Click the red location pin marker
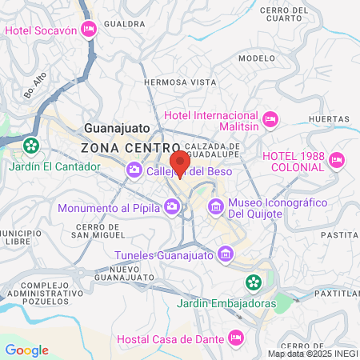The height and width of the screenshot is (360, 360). tap(180, 162)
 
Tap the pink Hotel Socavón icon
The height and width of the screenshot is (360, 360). tap(88, 30)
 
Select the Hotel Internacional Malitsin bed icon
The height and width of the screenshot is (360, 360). tap(270, 119)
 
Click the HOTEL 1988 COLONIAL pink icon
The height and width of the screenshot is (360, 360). tap(336, 161)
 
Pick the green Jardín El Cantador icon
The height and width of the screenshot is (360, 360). tap(31, 146)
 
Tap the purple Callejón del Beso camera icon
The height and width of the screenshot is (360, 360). tap(134, 170)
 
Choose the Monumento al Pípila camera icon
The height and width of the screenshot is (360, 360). tap(173, 208)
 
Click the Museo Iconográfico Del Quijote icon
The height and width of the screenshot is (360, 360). tap(215, 208)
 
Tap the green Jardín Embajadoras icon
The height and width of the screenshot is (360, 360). tap(253, 282)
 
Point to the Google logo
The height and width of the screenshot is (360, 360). tap(26, 350)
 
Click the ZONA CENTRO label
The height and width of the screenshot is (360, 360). tap(130, 148)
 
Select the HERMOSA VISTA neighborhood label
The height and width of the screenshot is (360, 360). tap(180, 82)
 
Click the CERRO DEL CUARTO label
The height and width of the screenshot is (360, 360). tap(283, 14)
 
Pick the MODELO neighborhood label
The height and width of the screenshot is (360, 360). tap(256, 58)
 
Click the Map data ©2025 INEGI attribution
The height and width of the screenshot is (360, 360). tap(312, 354)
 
